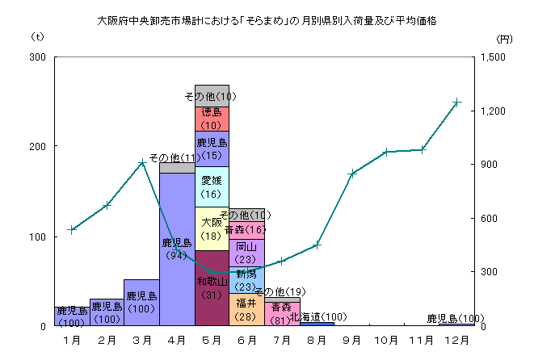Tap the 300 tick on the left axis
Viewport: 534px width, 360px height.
(37, 57)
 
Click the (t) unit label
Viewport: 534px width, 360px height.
(37, 37)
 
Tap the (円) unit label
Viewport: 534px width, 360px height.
(503, 38)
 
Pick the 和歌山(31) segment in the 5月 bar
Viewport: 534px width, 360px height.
(212, 288)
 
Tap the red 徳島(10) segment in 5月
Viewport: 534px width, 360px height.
(212, 119)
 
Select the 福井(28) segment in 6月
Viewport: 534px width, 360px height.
(246, 309)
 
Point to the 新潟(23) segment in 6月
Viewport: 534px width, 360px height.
(246, 280)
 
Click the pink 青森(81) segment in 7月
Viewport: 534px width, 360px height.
(281, 312)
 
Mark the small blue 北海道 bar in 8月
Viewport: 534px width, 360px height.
(317, 323)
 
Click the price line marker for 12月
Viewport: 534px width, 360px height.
(456, 103)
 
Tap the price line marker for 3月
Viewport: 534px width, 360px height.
(141, 162)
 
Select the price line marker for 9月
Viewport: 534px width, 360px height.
(351, 174)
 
